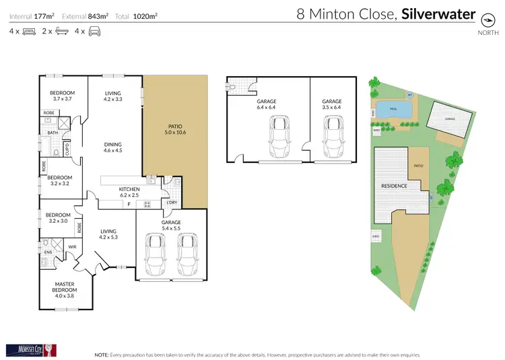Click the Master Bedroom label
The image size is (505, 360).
click(x=67, y=289)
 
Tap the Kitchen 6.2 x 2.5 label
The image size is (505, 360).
click(x=129, y=192)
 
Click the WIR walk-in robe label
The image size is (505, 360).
click(x=73, y=247)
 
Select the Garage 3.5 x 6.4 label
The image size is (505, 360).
click(x=332, y=104)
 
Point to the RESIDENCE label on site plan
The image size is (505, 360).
click(x=394, y=185)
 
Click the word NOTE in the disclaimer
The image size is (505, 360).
click(x=102, y=353)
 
